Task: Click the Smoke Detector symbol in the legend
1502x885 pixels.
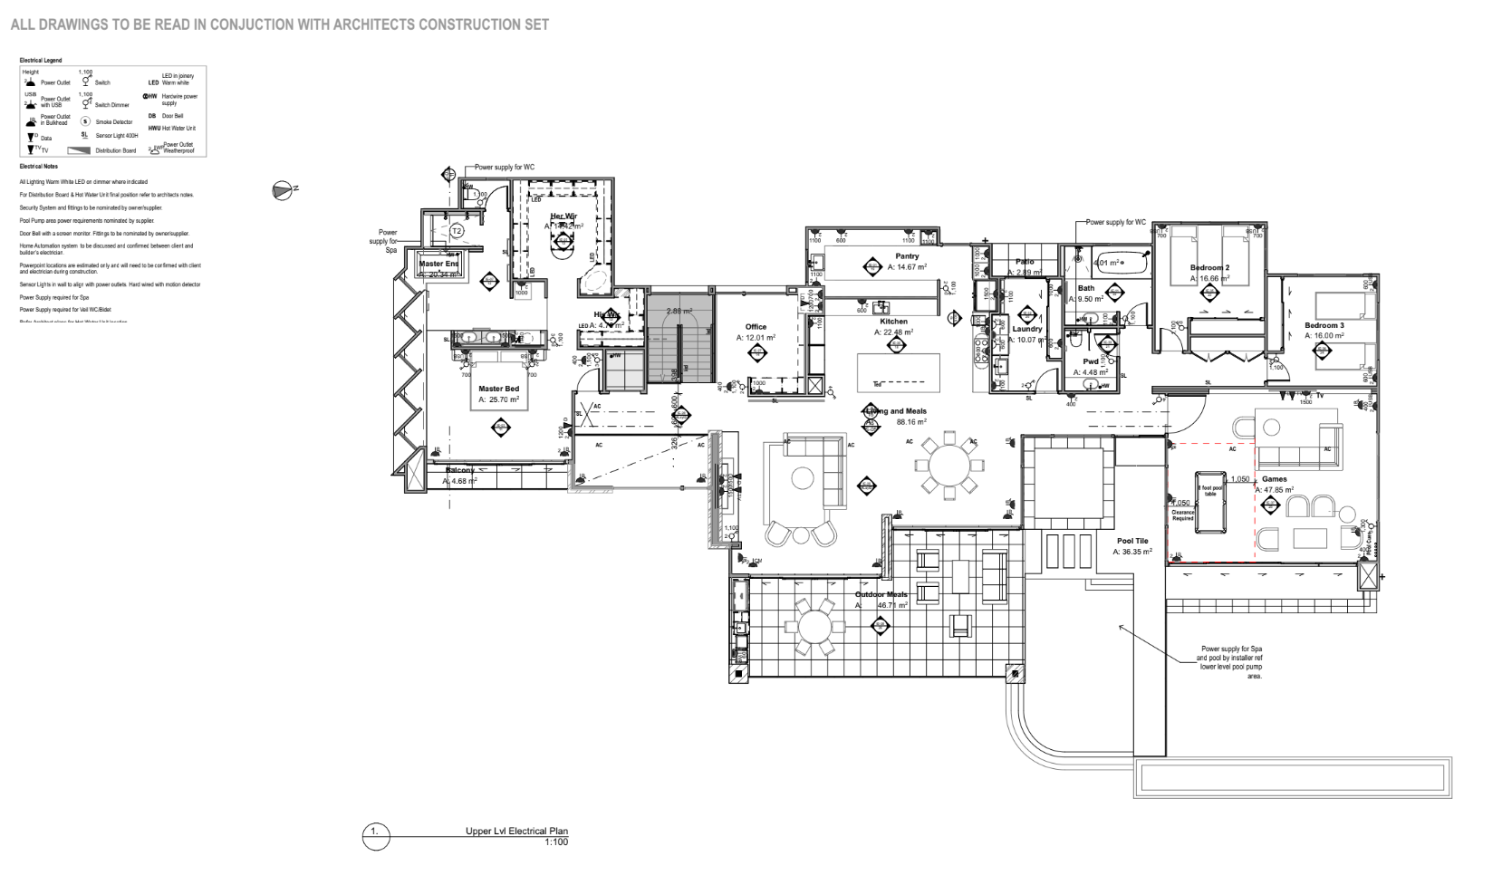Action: (x=87, y=121)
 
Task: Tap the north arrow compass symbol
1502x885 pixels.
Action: (x=282, y=189)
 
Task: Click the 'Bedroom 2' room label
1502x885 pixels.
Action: (x=1209, y=268)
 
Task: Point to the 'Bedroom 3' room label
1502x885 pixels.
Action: (x=1324, y=325)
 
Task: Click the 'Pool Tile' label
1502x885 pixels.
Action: (x=1131, y=541)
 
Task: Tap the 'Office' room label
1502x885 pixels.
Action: (x=756, y=327)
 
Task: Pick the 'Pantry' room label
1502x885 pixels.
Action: (x=907, y=256)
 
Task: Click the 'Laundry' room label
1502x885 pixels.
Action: (x=1027, y=329)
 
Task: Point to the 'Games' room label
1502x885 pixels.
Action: (x=1275, y=479)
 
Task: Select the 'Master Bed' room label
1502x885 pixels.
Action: (x=498, y=389)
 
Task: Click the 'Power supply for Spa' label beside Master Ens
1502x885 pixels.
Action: (x=388, y=241)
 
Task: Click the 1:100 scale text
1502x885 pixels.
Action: (x=555, y=842)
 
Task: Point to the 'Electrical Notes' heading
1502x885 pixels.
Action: (x=38, y=167)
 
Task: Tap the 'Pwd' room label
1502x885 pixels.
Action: (x=1091, y=361)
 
